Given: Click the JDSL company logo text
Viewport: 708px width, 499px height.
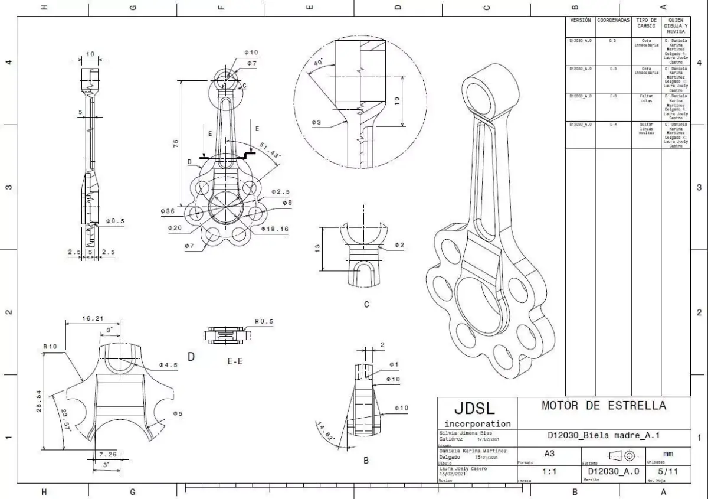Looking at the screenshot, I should (475, 409).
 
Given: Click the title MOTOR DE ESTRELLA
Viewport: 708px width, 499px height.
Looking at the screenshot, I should (604, 406).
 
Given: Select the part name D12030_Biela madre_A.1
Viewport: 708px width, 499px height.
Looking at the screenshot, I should (604, 436).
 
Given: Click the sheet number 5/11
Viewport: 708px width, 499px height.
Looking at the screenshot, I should (667, 472).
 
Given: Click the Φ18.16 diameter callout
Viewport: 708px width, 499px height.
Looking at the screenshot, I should (274, 229).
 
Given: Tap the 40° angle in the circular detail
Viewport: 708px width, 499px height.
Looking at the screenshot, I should (319, 62).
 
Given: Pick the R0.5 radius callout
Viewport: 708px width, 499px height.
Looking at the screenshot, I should (264, 322).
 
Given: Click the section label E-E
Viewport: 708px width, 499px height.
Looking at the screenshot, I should (235, 361).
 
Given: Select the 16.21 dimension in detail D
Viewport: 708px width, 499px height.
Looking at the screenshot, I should (93, 318).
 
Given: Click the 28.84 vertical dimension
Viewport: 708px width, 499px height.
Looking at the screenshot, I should (40, 402).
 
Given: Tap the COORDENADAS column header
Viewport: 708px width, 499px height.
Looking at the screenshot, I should (613, 20).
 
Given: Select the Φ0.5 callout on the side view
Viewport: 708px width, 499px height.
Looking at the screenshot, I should (116, 221).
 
